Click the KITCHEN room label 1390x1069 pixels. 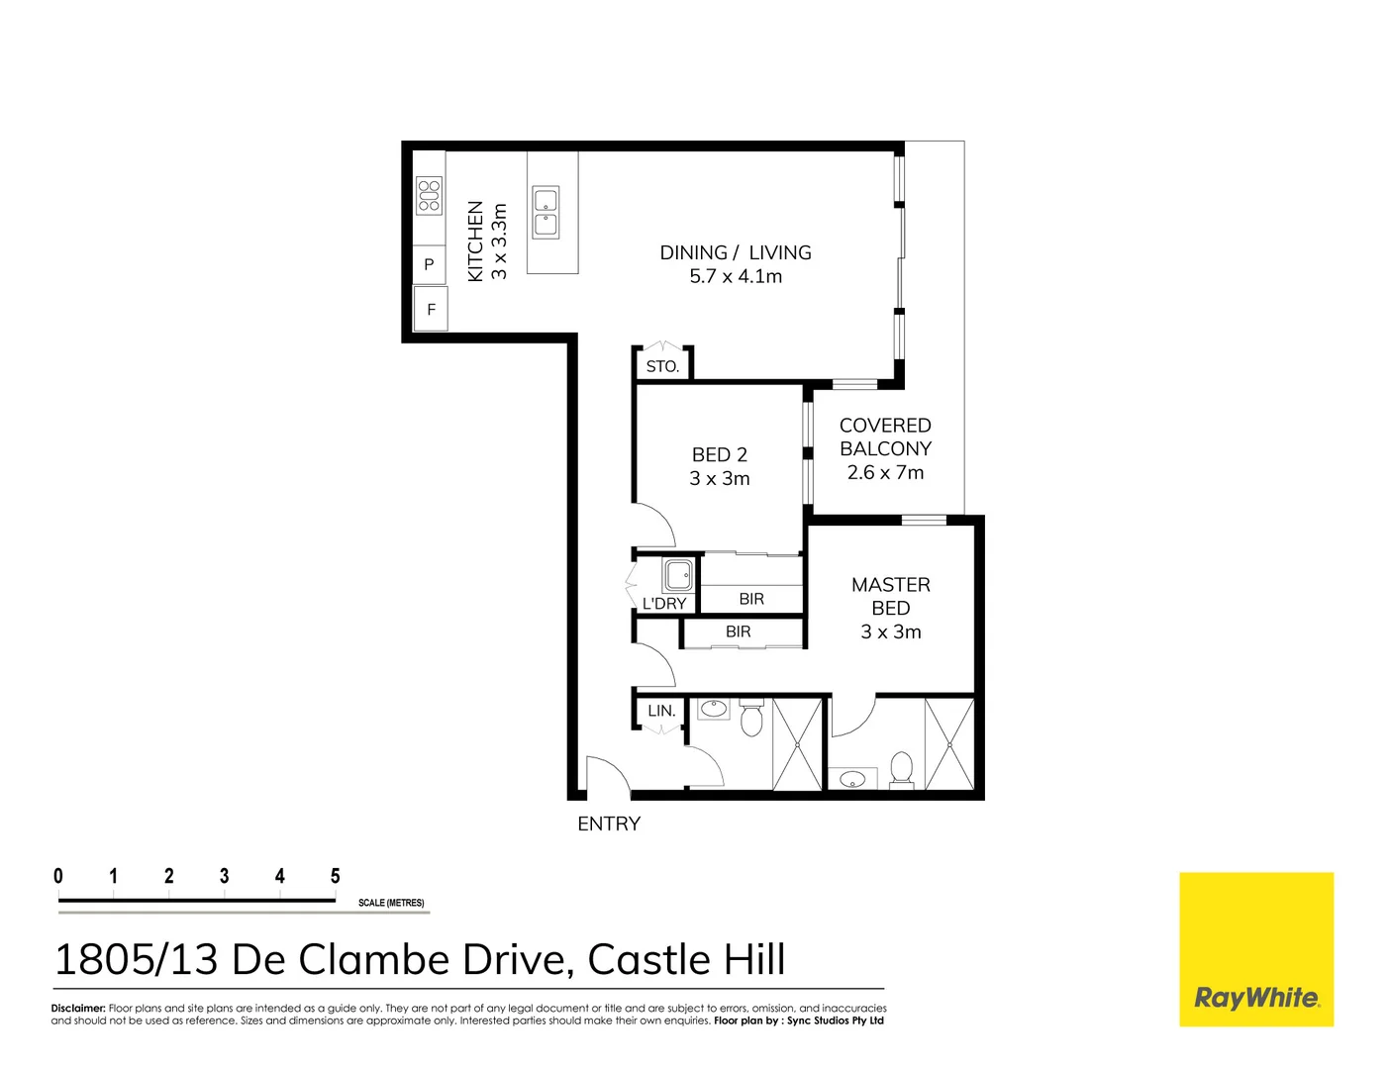pyautogui.click(x=475, y=241)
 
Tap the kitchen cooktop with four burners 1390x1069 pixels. pyautogui.click(x=429, y=196)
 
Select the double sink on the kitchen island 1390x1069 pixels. pyautogui.click(x=546, y=213)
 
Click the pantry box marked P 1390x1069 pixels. pyautogui.click(x=429, y=264)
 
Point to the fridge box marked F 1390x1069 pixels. pyautogui.click(x=431, y=309)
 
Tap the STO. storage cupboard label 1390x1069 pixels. pyautogui.click(x=662, y=366)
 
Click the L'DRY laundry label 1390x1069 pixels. pyautogui.click(x=663, y=603)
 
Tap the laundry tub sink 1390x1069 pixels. pyautogui.click(x=678, y=575)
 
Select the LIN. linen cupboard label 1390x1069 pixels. pyautogui.click(x=661, y=711)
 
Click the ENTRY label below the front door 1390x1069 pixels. pyautogui.click(x=609, y=824)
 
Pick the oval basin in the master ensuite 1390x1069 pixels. pyautogui.click(x=852, y=780)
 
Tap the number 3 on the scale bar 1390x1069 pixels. pyautogui.click(x=225, y=876)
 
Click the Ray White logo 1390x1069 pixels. pyautogui.click(x=1256, y=949)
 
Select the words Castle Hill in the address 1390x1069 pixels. pyautogui.click(x=686, y=960)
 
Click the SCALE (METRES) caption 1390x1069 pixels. pyautogui.click(x=391, y=903)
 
